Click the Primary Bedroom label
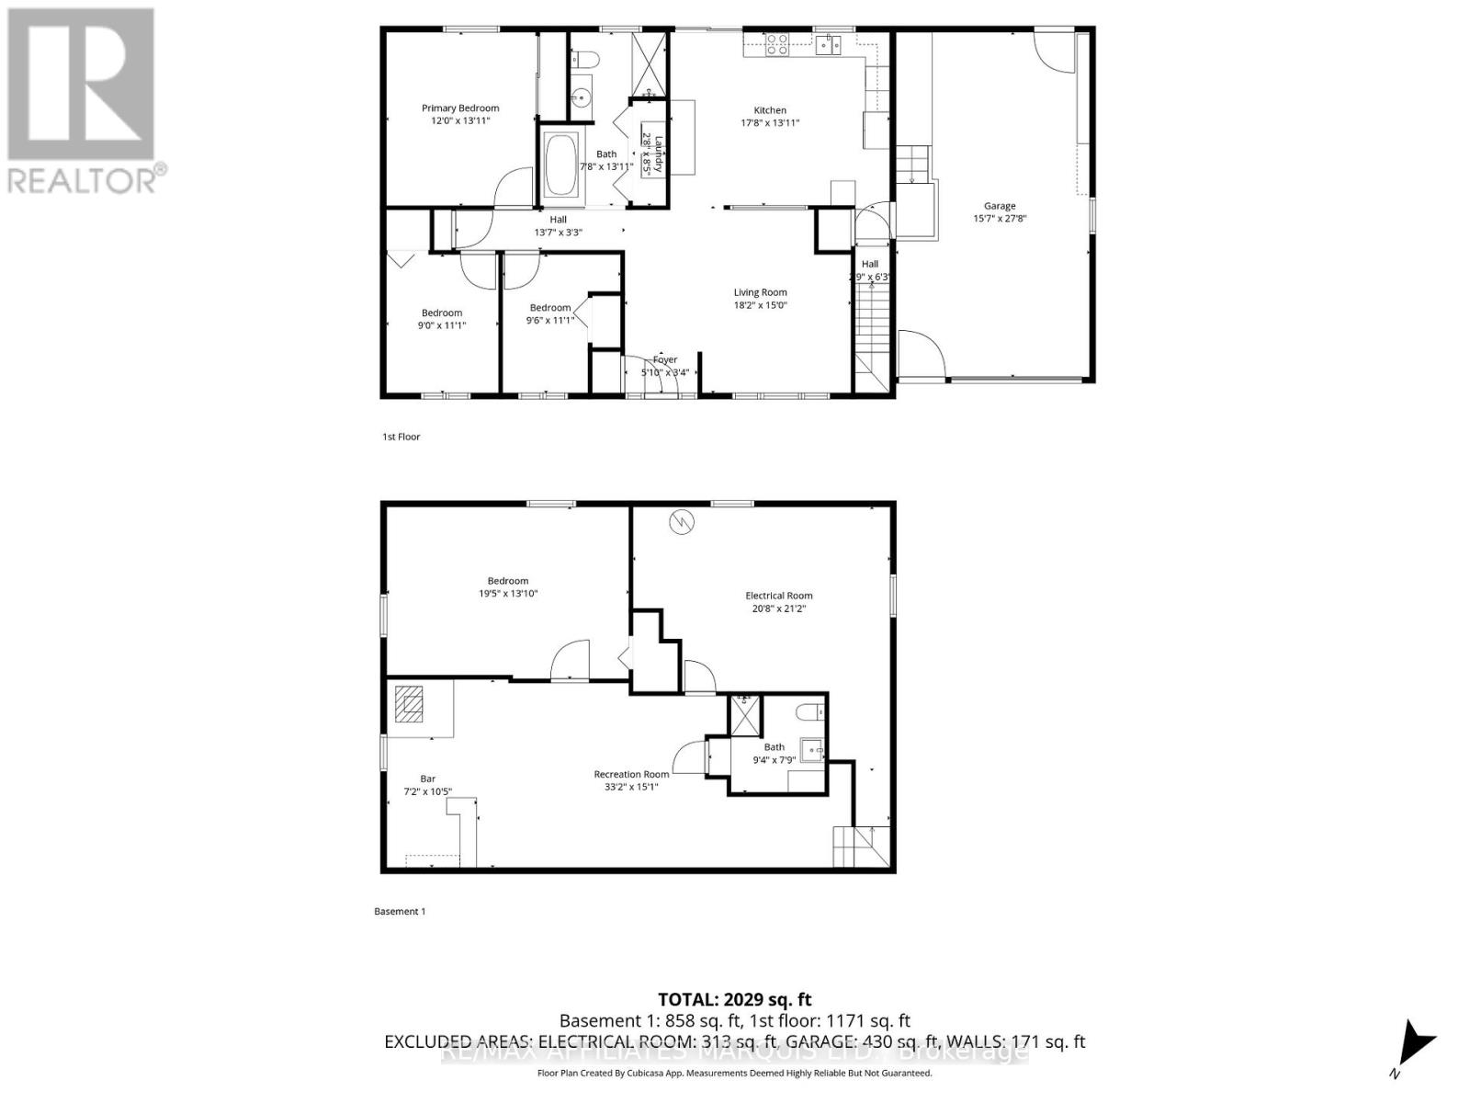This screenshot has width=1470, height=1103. tap(460, 108)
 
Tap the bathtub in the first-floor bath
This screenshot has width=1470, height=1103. tap(561, 165)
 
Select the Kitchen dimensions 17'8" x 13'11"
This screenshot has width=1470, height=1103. tap(770, 122)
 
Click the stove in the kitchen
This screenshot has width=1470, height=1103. tap(777, 44)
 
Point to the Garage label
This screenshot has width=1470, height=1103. tap(1000, 206)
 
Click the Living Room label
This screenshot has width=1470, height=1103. tap(760, 292)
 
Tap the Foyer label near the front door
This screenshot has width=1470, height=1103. tap(664, 359)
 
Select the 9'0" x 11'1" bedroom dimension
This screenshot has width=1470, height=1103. tap(442, 324)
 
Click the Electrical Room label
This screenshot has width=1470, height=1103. tap(778, 596)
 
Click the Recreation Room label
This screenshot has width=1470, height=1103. tap(631, 774)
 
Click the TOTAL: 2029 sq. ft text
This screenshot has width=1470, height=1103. tap(734, 999)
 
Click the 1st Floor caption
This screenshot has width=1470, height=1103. tap(401, 437)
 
